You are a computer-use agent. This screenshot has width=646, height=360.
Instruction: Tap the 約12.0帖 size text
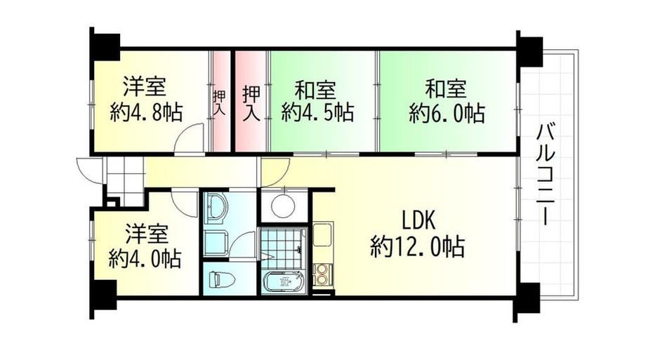[x=417, y=247]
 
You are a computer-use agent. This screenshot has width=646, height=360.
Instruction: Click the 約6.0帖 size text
[x=447, y=112]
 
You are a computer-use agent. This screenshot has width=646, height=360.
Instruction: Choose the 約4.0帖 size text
[x=145, y=258]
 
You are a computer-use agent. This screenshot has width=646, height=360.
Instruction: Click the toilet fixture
[x=222, y=279]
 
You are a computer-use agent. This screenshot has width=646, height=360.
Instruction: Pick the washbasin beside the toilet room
[x=216, y=207]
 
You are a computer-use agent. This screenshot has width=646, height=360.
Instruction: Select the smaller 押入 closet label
[x=219, y=102]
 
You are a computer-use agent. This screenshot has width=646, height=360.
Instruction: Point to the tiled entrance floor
[x=124, y=180]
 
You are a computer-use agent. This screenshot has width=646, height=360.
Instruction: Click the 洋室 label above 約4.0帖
[x=146, y=234]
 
